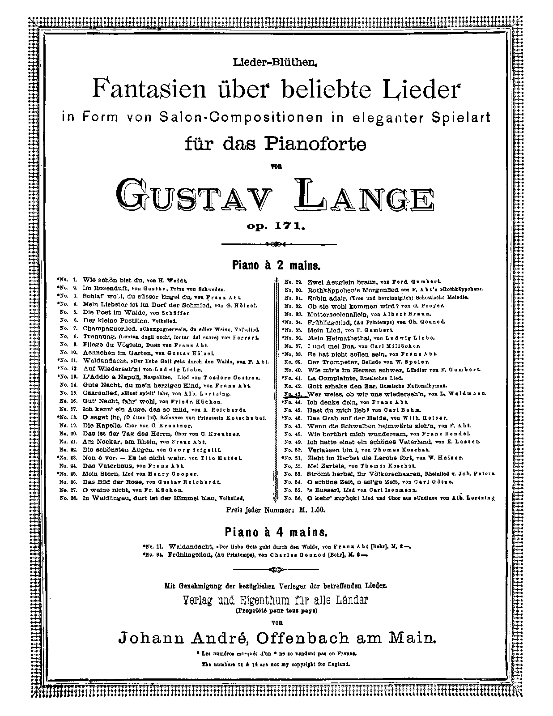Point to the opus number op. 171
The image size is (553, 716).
click(276, 226)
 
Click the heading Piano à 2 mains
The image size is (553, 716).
click(276, 265)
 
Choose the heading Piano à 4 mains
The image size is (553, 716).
click(276, 533)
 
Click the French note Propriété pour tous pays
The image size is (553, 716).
click(276, 610)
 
